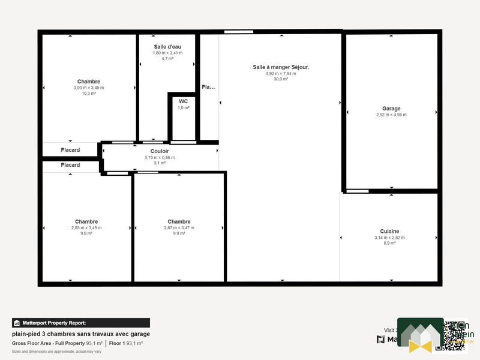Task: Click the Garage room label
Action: [391, 109]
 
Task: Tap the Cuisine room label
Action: [389, 231]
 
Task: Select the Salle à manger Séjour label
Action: [281, 67]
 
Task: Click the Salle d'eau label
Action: [167, 46]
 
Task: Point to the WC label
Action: [183, 101]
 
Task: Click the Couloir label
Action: [160, 151]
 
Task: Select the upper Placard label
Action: [70, 150]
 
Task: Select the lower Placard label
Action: [70, 165]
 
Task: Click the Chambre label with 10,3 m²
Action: [89, 81]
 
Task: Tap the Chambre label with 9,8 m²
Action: [86, 221]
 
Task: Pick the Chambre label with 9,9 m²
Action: [179, 221]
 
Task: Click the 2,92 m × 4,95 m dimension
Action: [391, 115]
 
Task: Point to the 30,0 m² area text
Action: [281, 79]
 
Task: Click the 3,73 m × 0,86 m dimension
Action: [160, 157]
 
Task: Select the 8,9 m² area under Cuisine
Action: [389, 243]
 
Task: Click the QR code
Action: [450, 335]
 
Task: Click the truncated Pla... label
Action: [208, 87]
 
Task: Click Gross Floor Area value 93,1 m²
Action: [94, 343]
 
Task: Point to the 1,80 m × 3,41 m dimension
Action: [167, 53]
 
